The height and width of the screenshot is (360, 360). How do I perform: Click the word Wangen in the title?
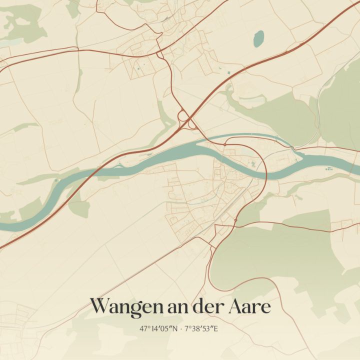127,306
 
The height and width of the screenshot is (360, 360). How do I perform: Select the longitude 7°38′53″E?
202,329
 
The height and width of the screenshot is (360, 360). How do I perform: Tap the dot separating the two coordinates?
181,329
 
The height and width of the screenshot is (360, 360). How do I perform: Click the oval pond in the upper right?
258,38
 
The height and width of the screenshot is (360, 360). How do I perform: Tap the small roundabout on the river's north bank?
225,144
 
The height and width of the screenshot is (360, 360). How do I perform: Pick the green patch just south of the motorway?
79,207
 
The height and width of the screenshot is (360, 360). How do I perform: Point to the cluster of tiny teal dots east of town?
330,169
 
